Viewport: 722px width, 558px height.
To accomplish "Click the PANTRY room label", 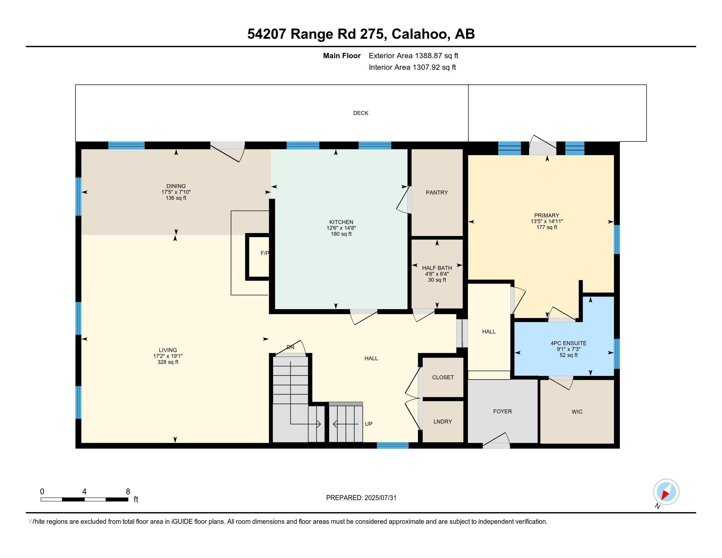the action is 437,192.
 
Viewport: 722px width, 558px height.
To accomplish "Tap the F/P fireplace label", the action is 265,253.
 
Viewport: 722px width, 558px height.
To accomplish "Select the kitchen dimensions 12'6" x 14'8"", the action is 341,228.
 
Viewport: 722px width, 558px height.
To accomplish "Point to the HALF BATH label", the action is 437,268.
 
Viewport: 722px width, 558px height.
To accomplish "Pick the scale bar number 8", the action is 128,492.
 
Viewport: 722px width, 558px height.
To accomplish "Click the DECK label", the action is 361,113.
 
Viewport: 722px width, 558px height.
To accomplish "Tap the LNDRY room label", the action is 443,421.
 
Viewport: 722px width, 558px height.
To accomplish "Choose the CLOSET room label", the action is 443,377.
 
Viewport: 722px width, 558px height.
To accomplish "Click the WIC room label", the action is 577,412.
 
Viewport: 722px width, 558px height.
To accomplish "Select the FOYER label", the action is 502,411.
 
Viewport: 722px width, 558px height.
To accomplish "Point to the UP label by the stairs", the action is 369,424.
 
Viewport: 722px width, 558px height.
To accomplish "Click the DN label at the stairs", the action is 290,347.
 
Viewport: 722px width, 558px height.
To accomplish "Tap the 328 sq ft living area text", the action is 168,362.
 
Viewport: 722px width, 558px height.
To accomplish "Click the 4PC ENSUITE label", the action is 569,343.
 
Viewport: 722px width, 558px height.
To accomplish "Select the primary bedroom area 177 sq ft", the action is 547,227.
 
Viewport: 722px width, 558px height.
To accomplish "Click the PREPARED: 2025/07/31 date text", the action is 361,498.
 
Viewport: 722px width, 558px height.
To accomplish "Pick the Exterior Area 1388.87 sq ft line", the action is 414,55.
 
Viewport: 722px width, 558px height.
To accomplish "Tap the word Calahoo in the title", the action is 419,34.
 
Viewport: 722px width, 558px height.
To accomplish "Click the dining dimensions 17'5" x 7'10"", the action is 176,192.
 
